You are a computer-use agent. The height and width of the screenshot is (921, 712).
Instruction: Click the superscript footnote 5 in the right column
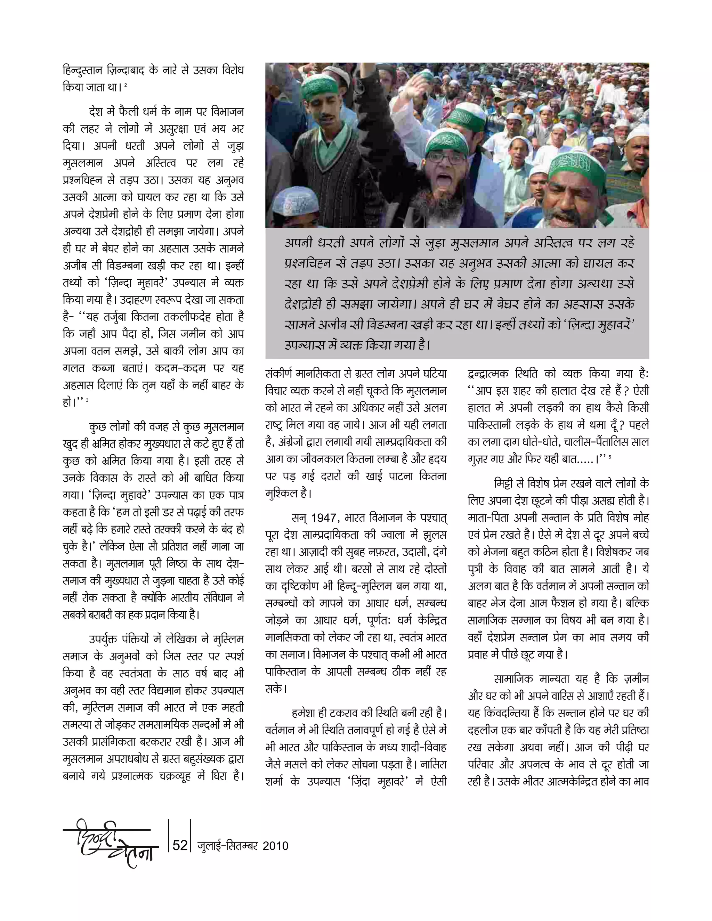(610, 456)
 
